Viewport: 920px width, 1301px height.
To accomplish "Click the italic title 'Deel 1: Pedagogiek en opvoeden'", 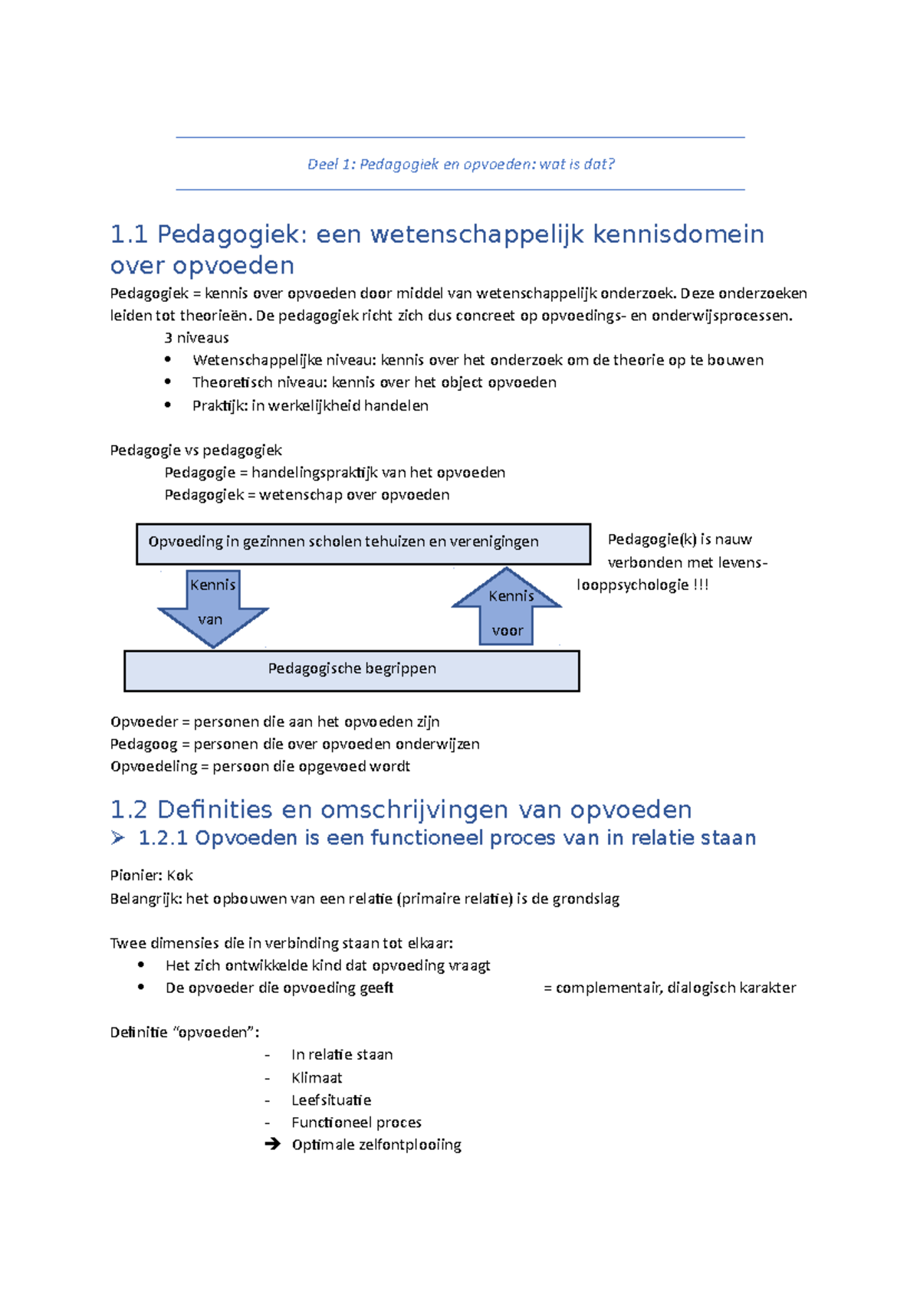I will point(460,164).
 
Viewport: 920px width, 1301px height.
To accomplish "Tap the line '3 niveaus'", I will point(196,338).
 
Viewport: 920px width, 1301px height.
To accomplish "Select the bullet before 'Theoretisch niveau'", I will point(168,382).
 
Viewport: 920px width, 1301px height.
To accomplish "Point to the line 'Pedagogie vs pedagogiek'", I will point(195,450).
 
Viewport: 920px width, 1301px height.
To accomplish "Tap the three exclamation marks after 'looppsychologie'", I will point(701,585).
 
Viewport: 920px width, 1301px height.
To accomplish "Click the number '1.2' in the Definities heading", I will point(128,810).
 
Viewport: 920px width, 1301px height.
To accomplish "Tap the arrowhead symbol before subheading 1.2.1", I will point(117,838).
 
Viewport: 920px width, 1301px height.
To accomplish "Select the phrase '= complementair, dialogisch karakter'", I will point(669,988).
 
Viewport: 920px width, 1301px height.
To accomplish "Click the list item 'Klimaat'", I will point(316,1078).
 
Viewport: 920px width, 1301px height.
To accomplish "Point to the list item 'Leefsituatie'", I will point(330,1100).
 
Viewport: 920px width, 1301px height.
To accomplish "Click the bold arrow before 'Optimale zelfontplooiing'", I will point(272,1145).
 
